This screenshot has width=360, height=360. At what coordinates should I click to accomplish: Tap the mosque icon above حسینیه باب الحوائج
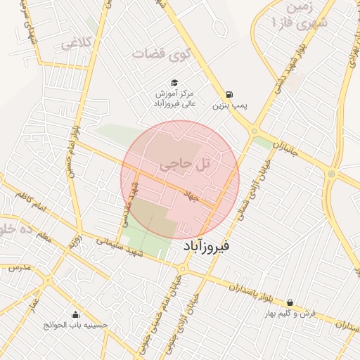point(76,314)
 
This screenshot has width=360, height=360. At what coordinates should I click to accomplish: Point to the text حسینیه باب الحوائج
point(76,326)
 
